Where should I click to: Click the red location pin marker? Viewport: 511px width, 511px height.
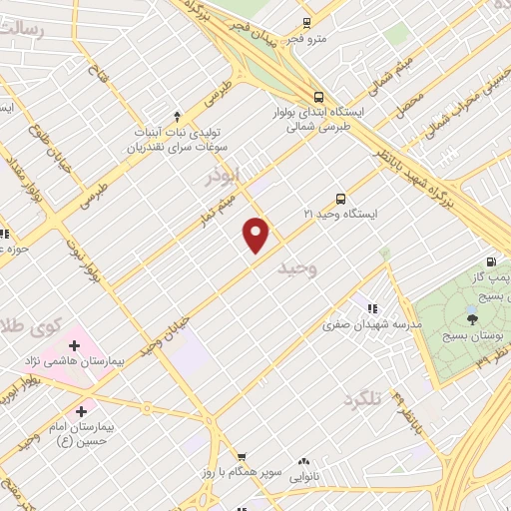click(256, 235)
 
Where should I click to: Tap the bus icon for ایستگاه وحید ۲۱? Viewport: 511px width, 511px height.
click(341, 198)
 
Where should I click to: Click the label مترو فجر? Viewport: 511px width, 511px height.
click(307, 39)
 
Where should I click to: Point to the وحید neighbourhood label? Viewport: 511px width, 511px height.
click(298, 268)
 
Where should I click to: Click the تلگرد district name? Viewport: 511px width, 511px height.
click(363, 399)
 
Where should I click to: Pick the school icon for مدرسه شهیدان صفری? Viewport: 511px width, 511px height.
click(372, 309)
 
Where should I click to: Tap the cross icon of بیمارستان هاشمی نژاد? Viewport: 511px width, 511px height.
click(74, 345)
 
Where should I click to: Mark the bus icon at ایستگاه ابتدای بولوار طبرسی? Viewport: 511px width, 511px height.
click(318, 97)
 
